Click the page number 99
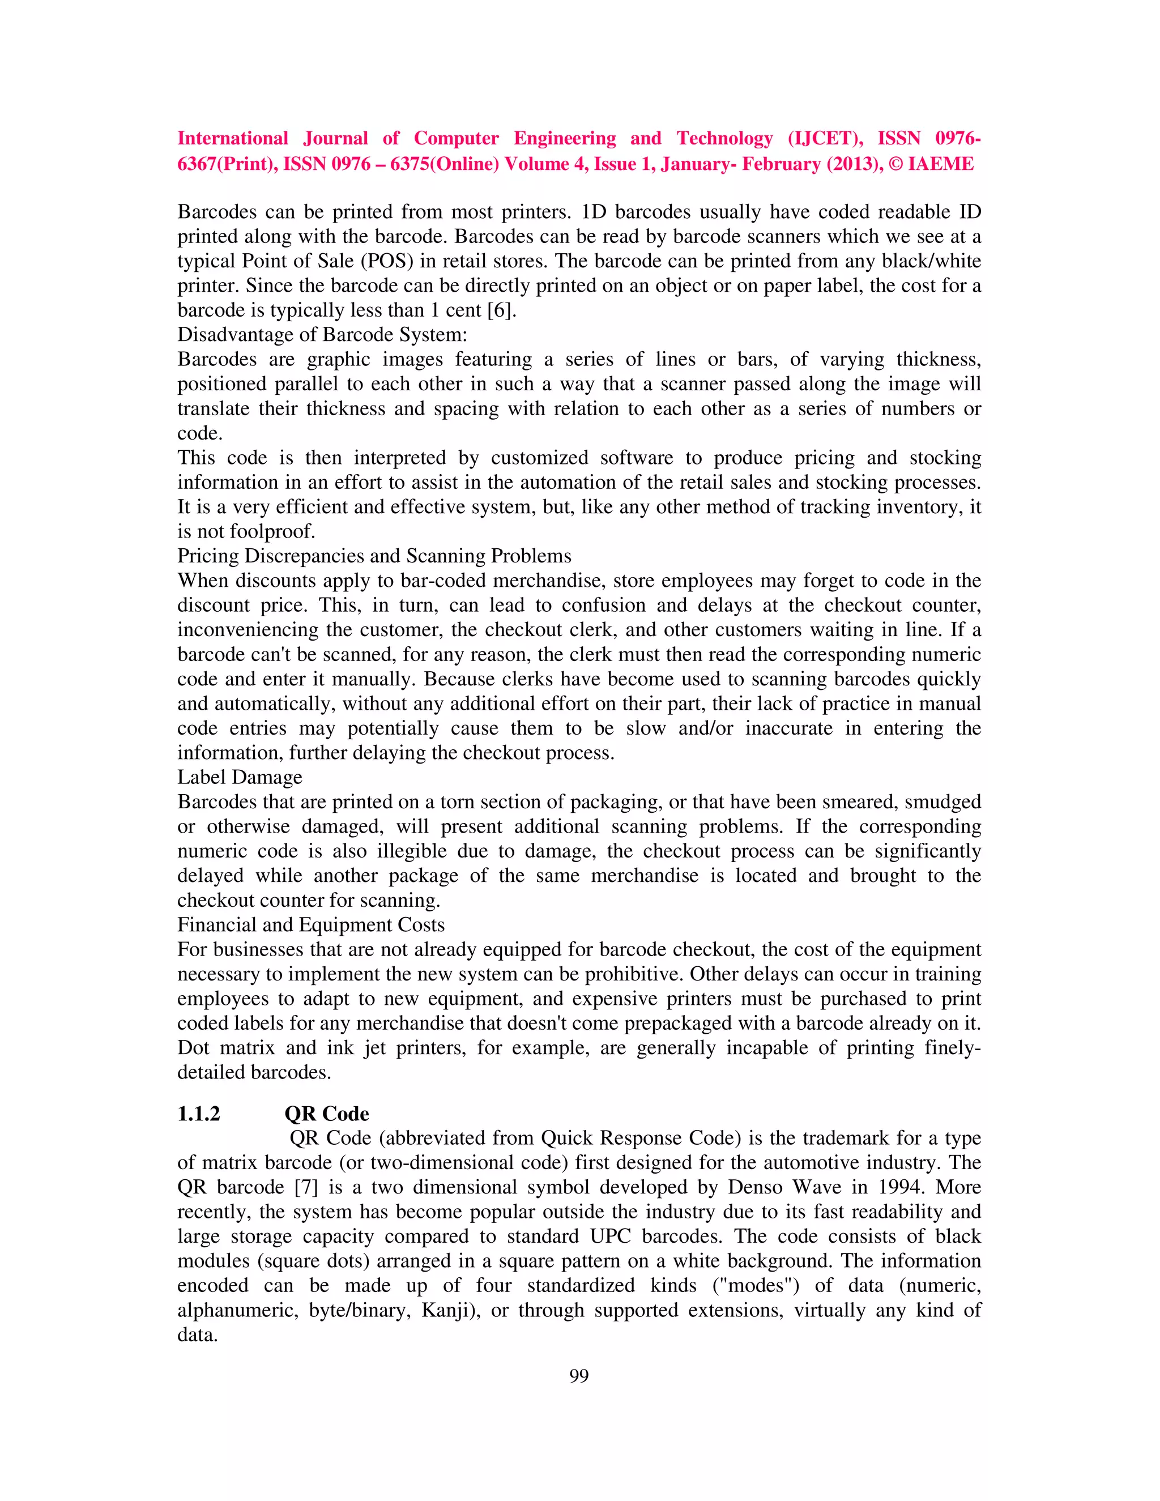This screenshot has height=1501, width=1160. (x=579, y=1375)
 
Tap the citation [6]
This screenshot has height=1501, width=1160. (x=500, y=310)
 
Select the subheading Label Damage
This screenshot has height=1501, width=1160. (x=240, y=777)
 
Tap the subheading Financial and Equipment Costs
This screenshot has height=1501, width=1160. (x=310, y=925)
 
